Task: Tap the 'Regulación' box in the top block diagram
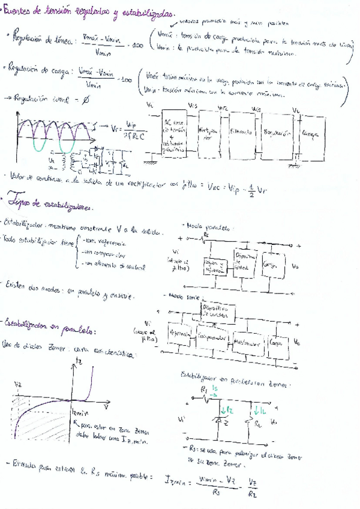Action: coord(276,131)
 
